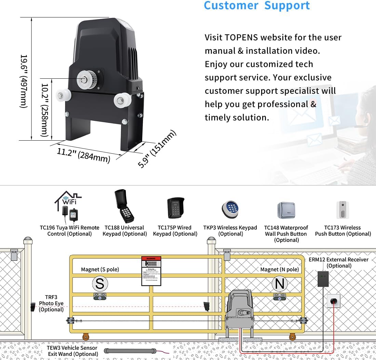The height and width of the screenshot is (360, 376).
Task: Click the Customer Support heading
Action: coord(257,6)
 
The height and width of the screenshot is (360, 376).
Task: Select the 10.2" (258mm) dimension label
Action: coord(44,110)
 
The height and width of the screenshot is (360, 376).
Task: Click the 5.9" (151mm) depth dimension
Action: coord(157,149)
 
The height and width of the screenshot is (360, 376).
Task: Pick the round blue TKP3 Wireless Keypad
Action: coord(230,209)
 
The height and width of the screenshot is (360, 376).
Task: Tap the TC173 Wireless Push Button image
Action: coord(343,210)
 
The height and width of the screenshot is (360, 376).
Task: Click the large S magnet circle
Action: coord(99,284)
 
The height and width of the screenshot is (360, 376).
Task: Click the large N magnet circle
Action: coord(280,284)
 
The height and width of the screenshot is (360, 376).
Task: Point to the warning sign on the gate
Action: coord(151,270)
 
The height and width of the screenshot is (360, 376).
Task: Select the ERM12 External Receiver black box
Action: coord(323,279)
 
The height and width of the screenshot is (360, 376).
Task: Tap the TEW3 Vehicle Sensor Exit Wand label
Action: coord(72,351)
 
